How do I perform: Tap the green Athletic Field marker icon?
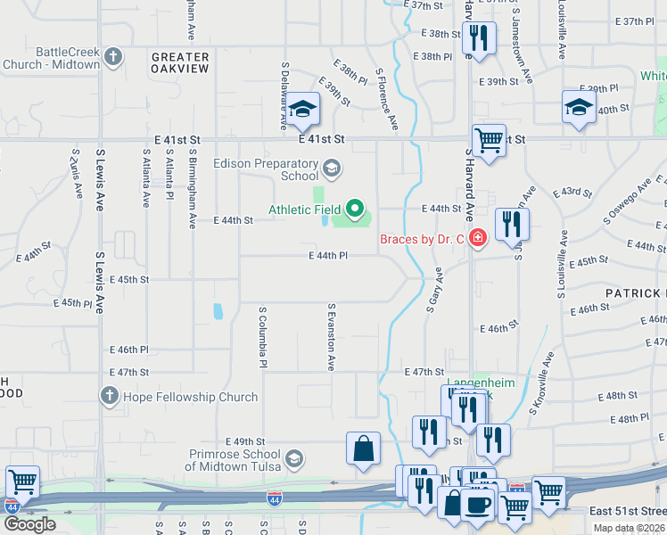point(357,210)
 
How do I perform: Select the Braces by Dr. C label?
point(423,238)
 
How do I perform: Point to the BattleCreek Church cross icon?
point(112,58)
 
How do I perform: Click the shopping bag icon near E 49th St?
point(364,449)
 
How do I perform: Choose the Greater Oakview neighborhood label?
point(179,62)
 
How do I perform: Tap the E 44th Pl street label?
point(326,256)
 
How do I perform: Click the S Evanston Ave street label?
point(331,338)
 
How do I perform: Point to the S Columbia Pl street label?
point(263,339)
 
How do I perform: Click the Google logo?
point(29,524)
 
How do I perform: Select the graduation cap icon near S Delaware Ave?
point(303,110)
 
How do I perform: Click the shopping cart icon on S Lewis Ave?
point(22,482)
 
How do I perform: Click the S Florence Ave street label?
point(386,98)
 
